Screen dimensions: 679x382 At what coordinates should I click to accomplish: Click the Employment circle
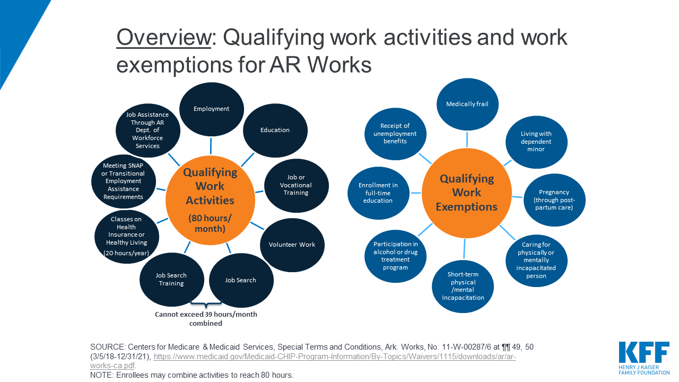(x=211, y=109)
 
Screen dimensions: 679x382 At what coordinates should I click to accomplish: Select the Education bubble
(x=275, y=131)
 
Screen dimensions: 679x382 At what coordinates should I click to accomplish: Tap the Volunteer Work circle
(x=292, y=245)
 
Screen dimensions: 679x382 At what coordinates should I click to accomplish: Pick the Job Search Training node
(x=171, y=280)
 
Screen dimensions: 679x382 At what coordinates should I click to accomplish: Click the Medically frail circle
(x=467, y=105)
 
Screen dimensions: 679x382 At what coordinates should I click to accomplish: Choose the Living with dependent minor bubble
(x=536, y=142)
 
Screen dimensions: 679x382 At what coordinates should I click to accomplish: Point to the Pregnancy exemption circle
(x=554, y=200)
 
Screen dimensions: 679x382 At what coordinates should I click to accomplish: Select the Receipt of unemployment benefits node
(x=395, y=134)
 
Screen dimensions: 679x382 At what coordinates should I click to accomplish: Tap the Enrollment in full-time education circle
(x=378, y=193)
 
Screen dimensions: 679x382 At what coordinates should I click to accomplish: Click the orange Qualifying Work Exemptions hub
(x=466, y=193)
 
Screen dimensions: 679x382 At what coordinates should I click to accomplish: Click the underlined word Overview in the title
(x=164, y=38)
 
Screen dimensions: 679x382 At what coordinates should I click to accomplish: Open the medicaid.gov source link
(x=303, y=361)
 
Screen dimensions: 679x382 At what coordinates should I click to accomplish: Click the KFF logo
(x=644, y=358)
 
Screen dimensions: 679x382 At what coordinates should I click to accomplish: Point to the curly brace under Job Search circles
(x=206, y=303)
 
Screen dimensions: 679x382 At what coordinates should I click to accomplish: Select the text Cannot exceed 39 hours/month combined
(x=206, y=319)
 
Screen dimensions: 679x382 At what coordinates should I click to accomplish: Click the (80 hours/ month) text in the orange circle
(x=210, y=223)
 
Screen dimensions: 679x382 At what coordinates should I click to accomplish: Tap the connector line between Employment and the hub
(x=211, y=146)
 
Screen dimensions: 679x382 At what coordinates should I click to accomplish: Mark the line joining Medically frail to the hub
(x=467, y=140)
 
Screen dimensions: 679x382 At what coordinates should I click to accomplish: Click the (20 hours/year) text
(x=126, y=253)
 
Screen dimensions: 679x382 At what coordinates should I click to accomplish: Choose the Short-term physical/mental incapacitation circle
(x=463, y=286)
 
